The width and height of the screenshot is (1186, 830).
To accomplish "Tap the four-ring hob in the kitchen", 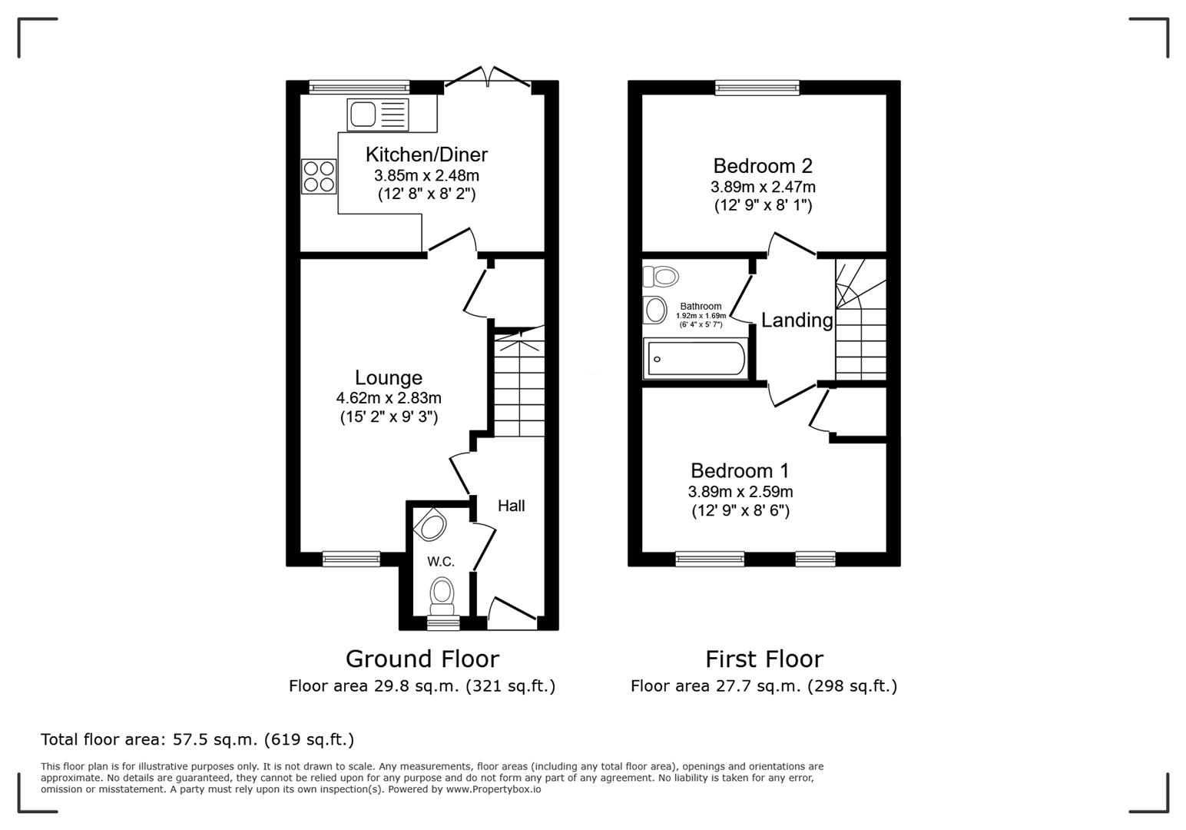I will [319, 176].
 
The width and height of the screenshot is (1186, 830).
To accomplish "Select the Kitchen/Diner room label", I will [426, 154].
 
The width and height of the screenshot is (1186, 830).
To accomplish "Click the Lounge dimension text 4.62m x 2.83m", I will [388, 398].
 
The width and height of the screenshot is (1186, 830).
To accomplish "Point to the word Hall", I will [511, 506].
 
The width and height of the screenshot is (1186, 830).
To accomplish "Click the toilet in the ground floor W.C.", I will [442, 592].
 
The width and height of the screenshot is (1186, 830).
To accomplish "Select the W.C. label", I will [441, 562].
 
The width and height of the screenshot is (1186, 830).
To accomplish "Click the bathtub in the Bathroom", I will [695, 359].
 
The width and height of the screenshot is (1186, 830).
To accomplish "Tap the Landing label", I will [797, 320].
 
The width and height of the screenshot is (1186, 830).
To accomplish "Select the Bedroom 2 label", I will [762, 166].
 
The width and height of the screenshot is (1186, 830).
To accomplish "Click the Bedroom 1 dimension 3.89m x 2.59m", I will [740, 492].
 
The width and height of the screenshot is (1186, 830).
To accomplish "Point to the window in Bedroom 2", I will [757, 88].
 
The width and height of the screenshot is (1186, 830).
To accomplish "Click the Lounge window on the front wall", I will [351, 559].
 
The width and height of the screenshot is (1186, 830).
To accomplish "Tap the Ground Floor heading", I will [422, 659].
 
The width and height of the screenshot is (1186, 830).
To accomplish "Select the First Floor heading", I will [764, 659].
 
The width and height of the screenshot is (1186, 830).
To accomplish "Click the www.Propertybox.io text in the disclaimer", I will [493, 789].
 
